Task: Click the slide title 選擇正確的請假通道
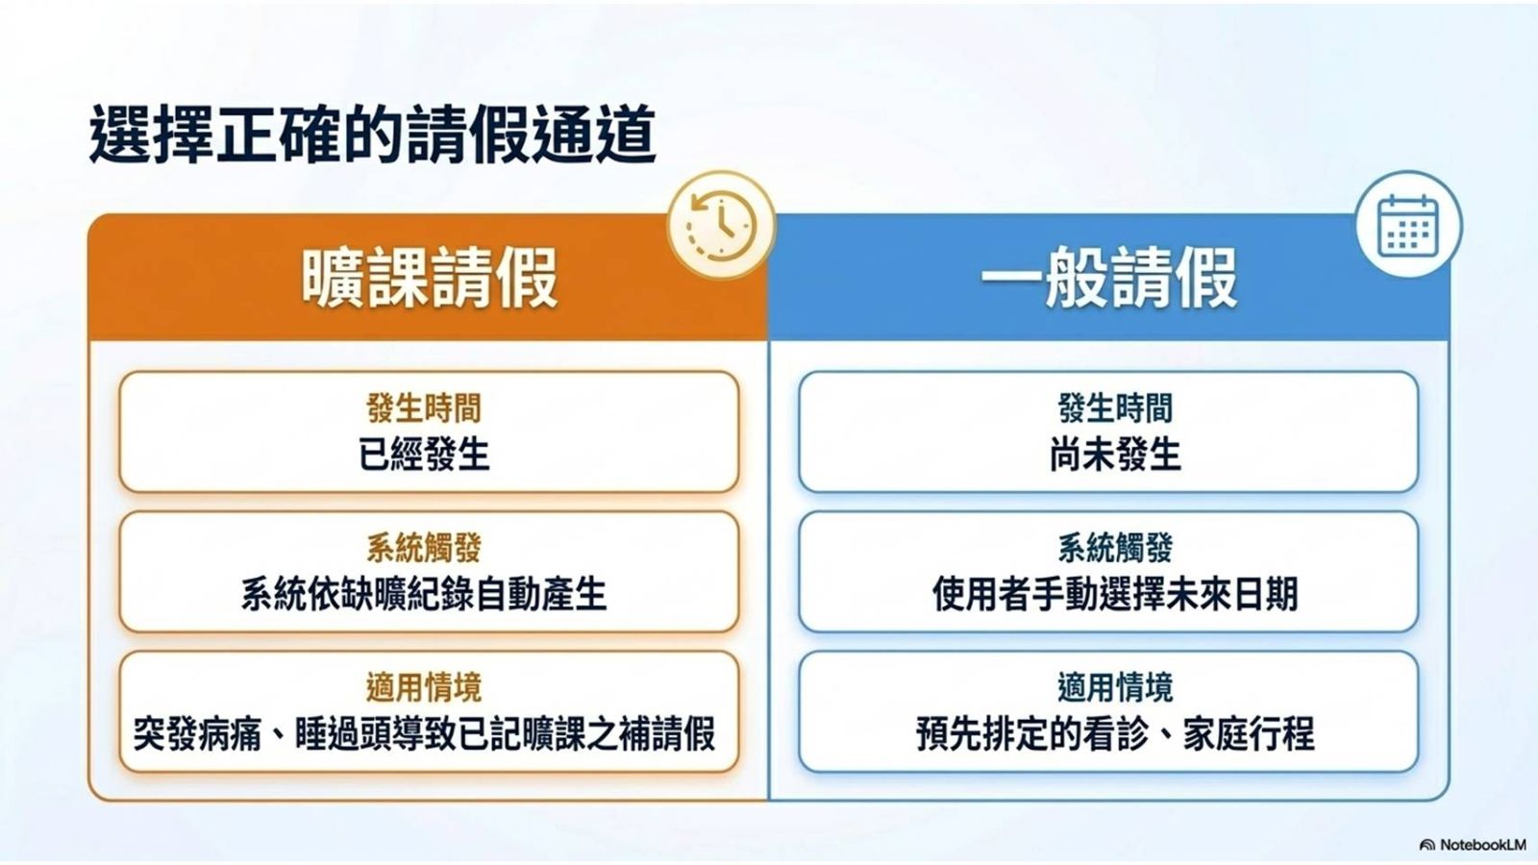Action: (373, 135)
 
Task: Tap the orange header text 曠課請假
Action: (429, 278)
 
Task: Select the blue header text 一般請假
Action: (1109, 278)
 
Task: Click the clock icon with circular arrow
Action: (721, 225)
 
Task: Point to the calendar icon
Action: (1409, 225)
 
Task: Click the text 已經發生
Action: (424, 455)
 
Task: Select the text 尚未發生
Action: (1115, 455)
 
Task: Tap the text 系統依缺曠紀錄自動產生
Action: (424, 594)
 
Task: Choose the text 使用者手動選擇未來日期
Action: (1115, 594)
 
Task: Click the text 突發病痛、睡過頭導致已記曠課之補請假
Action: (424, 734)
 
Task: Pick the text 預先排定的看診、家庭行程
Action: (1115, 734)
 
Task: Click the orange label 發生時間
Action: (424, 408)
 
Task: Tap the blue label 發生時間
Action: (1115, 408)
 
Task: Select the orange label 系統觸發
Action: (424, 547)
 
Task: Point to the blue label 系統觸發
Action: (1115, 547)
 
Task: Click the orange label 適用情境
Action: (424, 687)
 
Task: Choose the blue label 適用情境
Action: (1115, 687)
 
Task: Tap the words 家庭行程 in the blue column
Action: (1249, 734)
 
